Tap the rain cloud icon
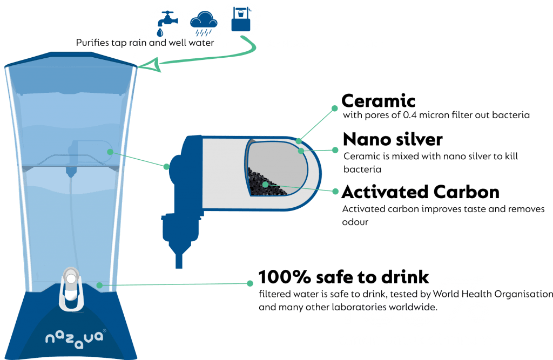point(204,23)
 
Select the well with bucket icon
point(241,19)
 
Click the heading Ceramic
point(379,101)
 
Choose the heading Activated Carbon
point(420,192)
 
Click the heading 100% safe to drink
point(343,277)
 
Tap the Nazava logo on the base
point(75,338)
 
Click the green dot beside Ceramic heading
point(334,108)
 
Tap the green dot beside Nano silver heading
point(335,150)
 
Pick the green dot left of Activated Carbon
point(335,191)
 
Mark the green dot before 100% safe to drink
point(250,283)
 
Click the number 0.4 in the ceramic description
point(409,115)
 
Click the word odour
point(355,222)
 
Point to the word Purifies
point(92,43)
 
